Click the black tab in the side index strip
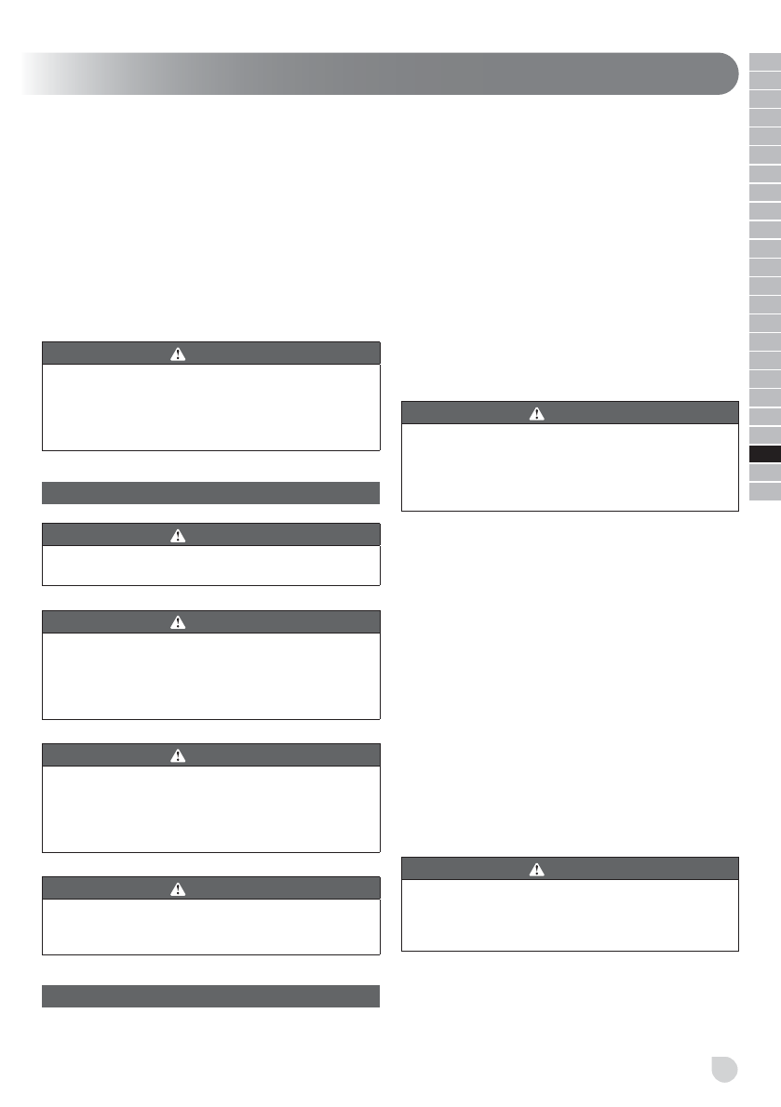tap(765, 454)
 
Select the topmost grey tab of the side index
tap(765, 62)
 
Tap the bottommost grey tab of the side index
tap(765, 491)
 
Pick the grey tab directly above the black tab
tap(765, 435)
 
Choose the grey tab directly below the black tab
tap(765, 473)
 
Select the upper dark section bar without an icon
tap(211, 493)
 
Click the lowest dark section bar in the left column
tap(211, 995)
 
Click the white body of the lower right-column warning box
tap(570, 915)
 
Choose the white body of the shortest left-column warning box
tap(211, 565)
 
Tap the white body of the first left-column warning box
tap(211, 407)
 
